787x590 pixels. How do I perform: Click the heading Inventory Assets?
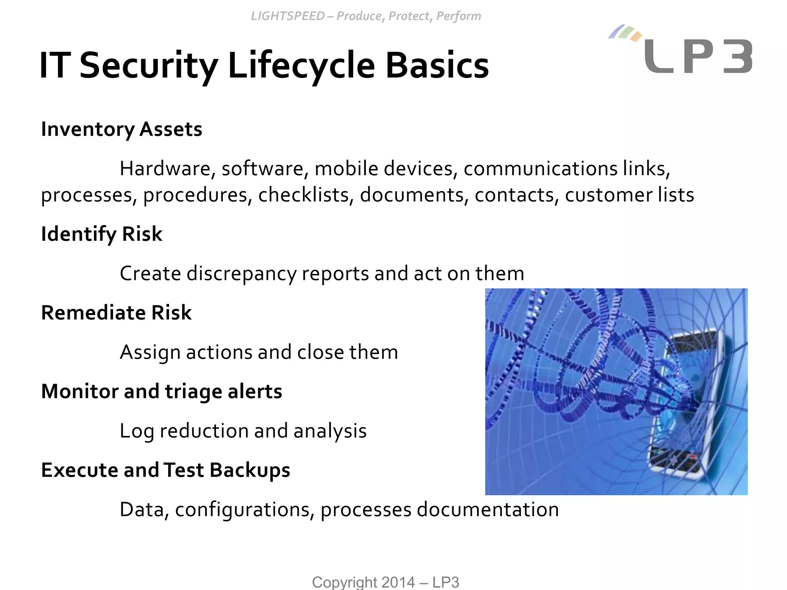[121, 129]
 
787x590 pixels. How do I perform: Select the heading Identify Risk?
[101, 234]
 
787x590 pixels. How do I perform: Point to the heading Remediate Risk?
[116, 313]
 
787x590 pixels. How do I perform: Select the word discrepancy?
[242, 274]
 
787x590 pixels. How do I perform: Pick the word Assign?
[150, 352]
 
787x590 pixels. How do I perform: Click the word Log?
[137, 431]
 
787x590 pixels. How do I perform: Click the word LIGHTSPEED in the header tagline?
[287, 16]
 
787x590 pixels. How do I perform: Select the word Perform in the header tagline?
[458, 16]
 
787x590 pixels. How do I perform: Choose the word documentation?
[488, 510]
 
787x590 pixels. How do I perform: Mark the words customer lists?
[629, 195]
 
